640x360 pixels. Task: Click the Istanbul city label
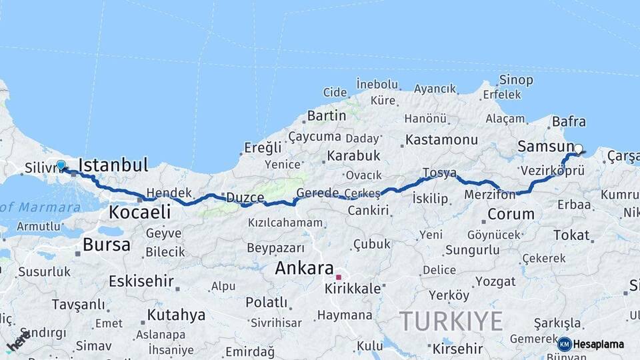(x=113, y=165)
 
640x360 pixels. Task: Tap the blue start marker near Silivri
(x=61, y=165)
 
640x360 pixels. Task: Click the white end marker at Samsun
(x=578, y=149)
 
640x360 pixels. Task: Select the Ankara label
(x=305, y=269)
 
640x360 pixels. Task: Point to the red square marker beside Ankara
(x=339, y=277)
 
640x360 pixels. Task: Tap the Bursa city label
(x=107, y=245)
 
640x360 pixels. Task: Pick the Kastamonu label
(x=441, y=140)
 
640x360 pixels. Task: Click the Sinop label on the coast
(x=516, y=80)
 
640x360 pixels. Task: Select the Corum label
(x=511, y=214)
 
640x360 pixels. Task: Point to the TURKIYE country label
(x=451, y=321)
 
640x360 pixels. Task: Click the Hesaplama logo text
(x=599, y=344)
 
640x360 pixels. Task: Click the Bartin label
(x=327, y=115)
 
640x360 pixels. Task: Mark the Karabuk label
(x=353, y=155)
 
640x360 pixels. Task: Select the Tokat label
(x=571, y=235)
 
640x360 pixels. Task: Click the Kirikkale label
(x=353, y=289)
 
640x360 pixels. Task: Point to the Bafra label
(x=569, y=122)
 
